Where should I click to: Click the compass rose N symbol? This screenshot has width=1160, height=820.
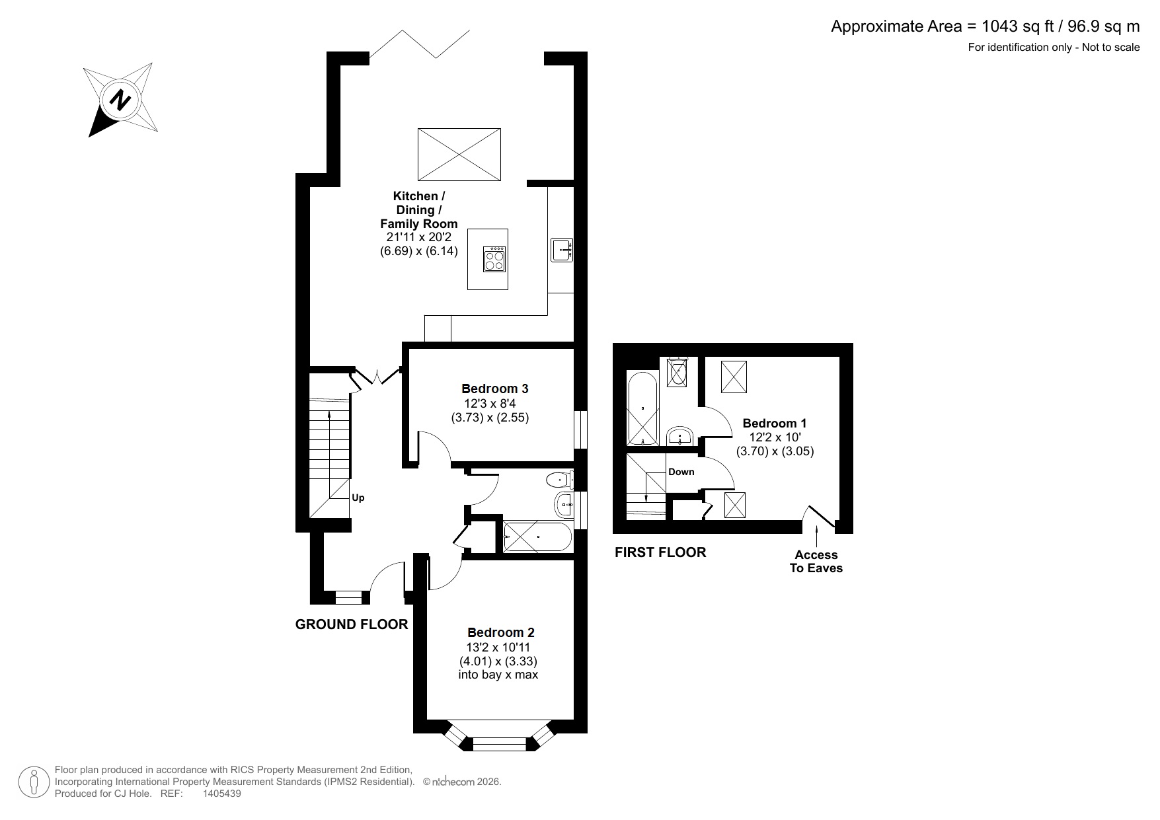[120, 100]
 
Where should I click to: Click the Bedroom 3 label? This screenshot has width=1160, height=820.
[494, 389]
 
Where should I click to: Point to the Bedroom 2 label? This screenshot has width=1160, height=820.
[500, 632]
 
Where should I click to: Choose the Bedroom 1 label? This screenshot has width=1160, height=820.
[774, 423]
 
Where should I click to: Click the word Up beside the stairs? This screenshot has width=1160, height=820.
[358, 498]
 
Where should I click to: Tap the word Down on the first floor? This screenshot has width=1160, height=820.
[681, 472]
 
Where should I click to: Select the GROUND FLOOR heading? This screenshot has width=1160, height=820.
[351, 624]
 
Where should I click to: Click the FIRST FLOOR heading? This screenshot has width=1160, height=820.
[660, 552]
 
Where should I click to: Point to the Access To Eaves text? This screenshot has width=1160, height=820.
[816, 562]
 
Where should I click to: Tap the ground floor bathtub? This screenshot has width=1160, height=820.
[536, 537]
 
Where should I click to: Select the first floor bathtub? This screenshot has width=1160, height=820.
[642, 408]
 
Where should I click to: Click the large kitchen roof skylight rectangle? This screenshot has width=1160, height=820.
[459, 154]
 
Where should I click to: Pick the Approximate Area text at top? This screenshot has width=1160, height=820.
[984, 26]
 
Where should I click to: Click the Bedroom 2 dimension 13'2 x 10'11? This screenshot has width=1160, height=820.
[498, 647]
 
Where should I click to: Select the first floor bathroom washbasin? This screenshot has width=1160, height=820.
[679, 435]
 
